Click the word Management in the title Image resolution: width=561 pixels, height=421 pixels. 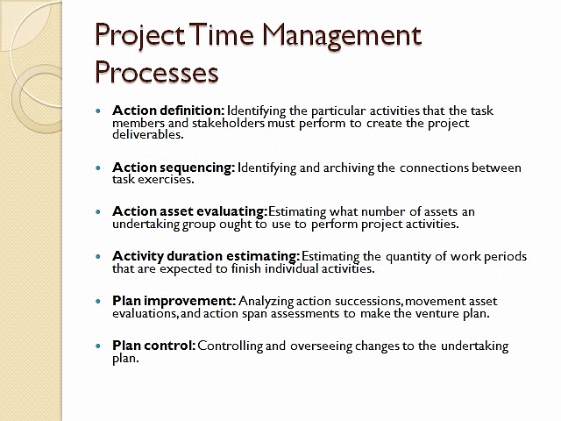[344, 37]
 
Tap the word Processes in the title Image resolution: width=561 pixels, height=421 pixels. [156, 72]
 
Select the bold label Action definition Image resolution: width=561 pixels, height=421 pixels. [168, 111]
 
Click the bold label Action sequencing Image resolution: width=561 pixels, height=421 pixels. [174, 168]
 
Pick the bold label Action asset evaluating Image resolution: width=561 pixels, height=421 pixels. [189, 211]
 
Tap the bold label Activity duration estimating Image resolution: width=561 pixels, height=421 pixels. [206, 256]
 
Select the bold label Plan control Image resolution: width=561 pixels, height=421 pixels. [153, 346]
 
